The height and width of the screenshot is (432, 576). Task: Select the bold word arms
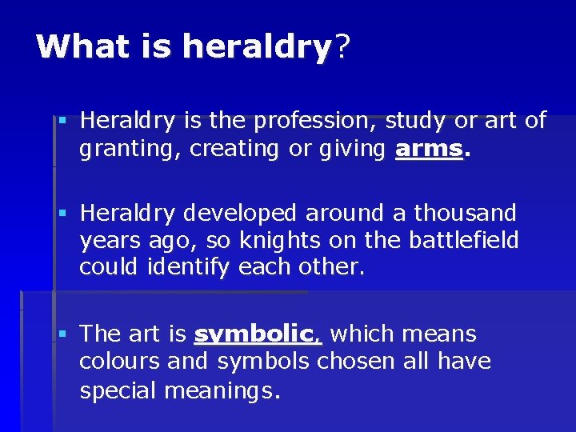[429, 149]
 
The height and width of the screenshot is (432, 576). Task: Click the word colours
[120, 362]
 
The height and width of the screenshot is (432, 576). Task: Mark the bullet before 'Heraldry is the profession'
[62, 122]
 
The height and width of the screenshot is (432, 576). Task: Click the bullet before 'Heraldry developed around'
[62, 214]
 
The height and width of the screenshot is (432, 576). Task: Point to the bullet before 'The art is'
[62, 334]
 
